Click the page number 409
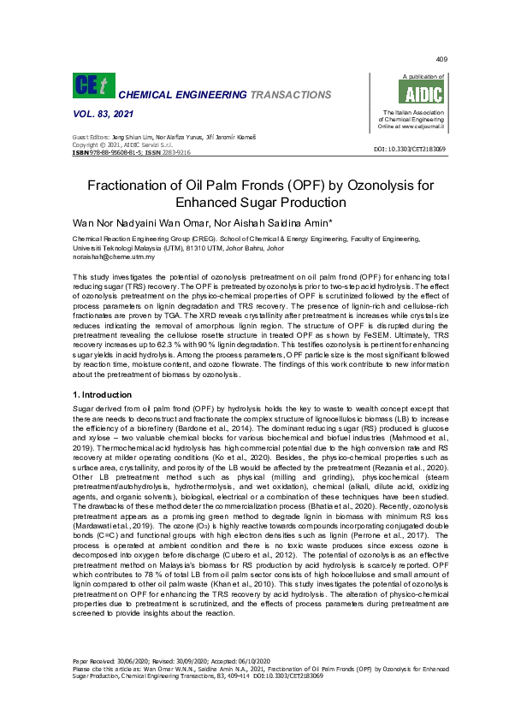pyautogui.click(x=441, y=59)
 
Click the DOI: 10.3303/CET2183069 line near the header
pyautogui.click(x=410, y=149)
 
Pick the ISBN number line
pyautogui.click(x=132, y=152)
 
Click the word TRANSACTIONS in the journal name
pyautogui.click(x=285, y=94)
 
